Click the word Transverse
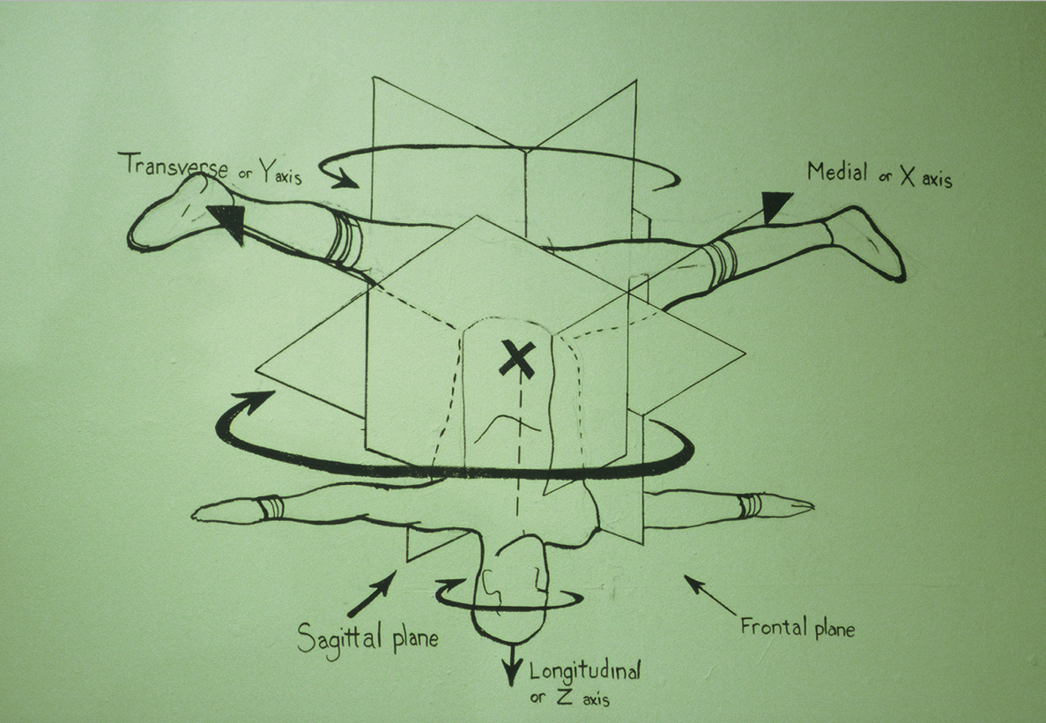(x=172, y=166)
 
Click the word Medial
(x=838, y=172)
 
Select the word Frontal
(x=769, y=625)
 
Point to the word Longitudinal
(x=585, y=670)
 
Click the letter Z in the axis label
(x=563, y=697)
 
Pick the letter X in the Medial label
(x=908, y=175)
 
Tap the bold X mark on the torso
(x=517, y=359)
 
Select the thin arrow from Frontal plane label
(x=710, y=595)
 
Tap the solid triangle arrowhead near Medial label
(x=775, y=206)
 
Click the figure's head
(x=509, y=587)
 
